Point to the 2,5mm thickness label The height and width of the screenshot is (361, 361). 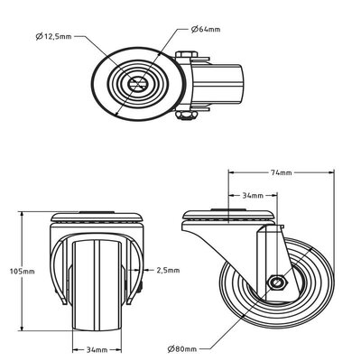(168, 269)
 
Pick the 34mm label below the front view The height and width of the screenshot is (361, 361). (97, 348)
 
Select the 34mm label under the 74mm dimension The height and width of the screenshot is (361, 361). (253, 195)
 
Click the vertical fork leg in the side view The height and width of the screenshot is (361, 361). (264, 253)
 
